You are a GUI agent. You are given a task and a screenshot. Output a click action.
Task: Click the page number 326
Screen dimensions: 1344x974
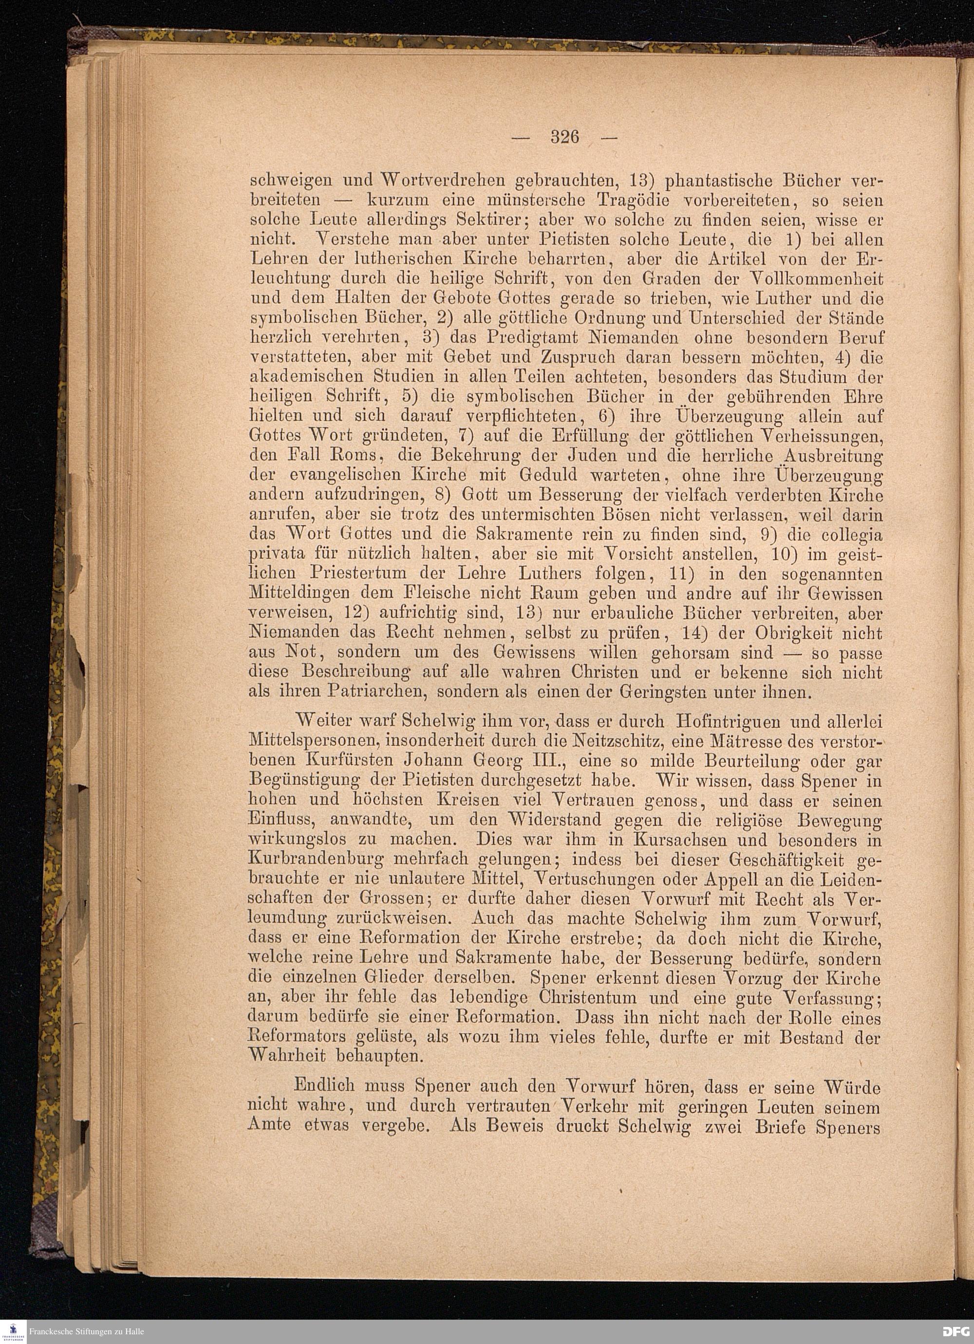564,137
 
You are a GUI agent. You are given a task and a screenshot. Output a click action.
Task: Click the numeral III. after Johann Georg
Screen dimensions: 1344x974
546,761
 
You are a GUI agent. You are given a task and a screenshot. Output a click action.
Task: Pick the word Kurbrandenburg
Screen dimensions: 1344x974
316,859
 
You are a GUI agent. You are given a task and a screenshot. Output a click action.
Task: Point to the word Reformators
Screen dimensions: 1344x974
299,1038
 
